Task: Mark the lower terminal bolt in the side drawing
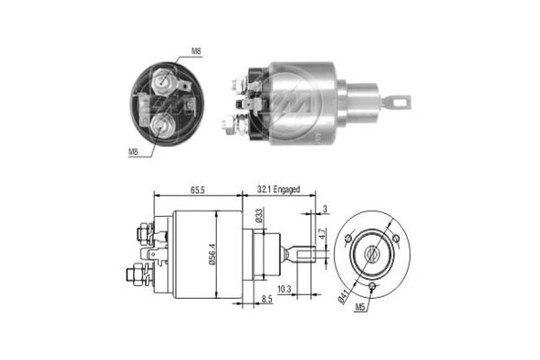pyautogui.click(x=136, y=273)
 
